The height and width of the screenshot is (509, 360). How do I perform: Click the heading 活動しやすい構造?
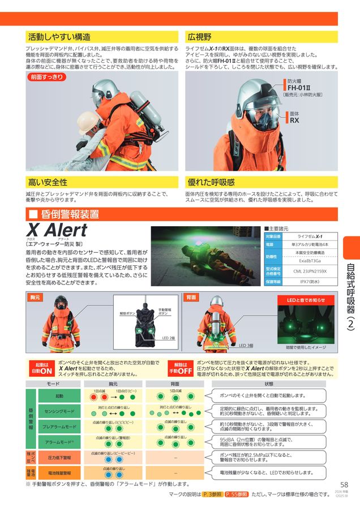pyautogui.click(x=59, y=37)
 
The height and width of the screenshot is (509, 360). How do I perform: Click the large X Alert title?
pyautogui.click(x=57, y=230)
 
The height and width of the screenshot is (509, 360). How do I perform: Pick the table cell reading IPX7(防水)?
pyautogui.click(x=312, y=281)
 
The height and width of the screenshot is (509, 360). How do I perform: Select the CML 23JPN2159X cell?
pyautogui.click(x=312, y=271)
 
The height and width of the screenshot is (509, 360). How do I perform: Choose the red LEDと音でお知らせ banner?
pyautogui.click(x=306, y=300)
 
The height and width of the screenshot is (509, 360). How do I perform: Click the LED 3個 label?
pyautogui.click(x=246, y=345)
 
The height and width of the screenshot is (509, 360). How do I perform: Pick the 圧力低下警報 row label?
pyautogui.click(x=59, y=457)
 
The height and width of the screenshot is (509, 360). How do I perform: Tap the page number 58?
pyautogui.click(x=344, y=485)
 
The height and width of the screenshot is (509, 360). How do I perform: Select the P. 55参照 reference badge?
pyautogui.click(x=235, y=494)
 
